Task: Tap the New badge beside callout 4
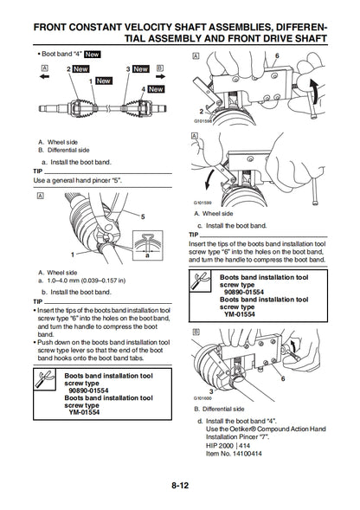[x=156, y=88]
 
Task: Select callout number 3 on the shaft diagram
[x=128, y=68]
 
